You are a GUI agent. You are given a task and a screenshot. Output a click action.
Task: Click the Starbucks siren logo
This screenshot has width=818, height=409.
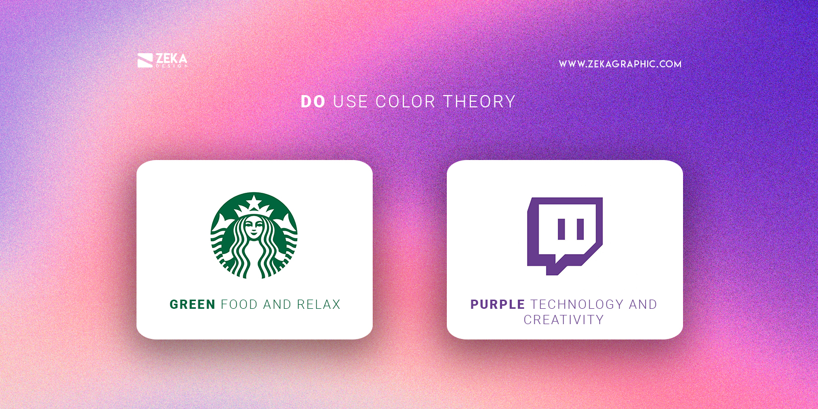pos(254,235)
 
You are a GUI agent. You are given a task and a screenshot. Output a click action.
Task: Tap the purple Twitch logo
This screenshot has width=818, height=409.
pos(565,236)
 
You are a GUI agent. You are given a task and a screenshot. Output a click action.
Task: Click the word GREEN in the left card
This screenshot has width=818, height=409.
pos(192,305)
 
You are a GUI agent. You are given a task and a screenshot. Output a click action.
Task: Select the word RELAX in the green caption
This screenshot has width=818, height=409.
pos(319,305)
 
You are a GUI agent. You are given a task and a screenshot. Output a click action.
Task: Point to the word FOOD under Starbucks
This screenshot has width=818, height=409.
pos(239,305)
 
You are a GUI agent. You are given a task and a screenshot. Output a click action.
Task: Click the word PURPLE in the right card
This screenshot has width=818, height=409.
pos(497,305)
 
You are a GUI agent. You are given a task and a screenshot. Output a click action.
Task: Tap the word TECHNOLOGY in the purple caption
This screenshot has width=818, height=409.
pos(577,305)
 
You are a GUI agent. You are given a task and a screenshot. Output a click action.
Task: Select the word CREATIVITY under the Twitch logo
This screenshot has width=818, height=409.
pos(563,320)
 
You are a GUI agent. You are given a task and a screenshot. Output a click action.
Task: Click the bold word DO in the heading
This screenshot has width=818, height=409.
pos(313,102)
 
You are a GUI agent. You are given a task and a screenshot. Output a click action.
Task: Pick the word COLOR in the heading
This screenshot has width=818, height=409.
pos(405,102)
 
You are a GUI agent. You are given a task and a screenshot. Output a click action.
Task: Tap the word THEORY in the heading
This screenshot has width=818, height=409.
pos(479,102)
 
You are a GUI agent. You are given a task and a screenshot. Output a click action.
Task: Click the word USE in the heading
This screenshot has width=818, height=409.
pos(350,102)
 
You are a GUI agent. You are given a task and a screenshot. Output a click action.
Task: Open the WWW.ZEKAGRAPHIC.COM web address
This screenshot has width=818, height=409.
pos(620,64)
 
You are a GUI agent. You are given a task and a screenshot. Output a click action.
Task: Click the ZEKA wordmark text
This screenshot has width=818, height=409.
pos(171,58)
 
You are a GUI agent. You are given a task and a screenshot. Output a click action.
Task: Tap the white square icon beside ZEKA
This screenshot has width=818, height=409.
pos(145,60)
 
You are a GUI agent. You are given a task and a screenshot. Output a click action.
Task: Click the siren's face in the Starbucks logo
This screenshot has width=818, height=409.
pos(254,226)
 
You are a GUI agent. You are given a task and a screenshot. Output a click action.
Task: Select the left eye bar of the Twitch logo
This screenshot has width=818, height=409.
pos(561,229)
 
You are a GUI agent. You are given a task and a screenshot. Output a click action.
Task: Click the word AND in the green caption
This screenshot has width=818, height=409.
pos(277,305)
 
